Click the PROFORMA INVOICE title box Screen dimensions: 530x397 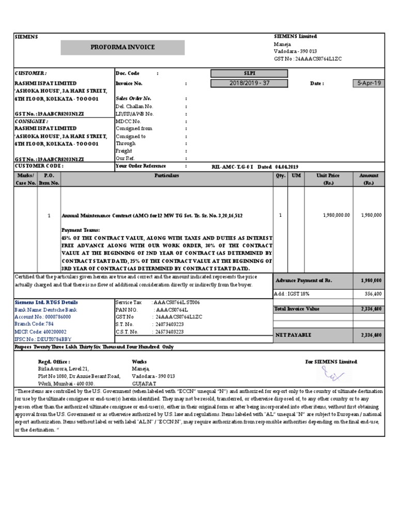click(123, 47)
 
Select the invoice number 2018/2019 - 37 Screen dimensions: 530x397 click(249, 83)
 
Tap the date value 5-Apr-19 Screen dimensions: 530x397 click(368, 83)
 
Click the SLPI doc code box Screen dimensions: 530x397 click(249, 73)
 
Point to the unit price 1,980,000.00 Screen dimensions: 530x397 click(336, 215)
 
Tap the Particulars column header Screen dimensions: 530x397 click(166, 176)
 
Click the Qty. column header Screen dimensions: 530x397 click(280, 176)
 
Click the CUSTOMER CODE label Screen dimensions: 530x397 click(39, 166)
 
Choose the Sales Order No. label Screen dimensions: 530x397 click(133, 98)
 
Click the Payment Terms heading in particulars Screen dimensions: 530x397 click(81, 229)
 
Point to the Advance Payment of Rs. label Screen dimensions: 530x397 click(303, 280)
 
